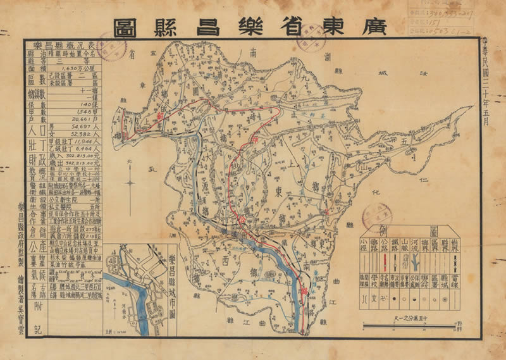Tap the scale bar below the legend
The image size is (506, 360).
pyautogui.click(x=408, y=326)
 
